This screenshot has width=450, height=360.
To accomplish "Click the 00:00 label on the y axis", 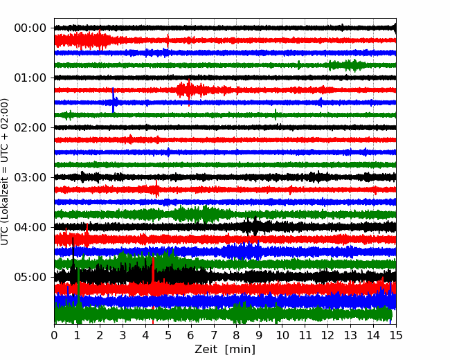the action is tap(30, 28).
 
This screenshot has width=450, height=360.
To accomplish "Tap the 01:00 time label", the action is tap(30, 78).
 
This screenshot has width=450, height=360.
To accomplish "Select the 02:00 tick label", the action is tap(30, 127).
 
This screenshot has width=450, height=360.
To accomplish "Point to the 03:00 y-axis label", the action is tap(30, 177).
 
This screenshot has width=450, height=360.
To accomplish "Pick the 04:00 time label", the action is tap(30, 227).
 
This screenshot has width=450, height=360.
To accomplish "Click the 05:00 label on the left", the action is tap(30, 277).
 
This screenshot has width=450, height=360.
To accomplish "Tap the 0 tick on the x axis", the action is tap(54, 335).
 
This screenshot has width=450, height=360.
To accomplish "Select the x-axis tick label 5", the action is tap(168, 335).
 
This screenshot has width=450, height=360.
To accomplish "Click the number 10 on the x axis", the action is tap(282, 335).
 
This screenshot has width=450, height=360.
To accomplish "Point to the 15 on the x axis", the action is tap(396, 335).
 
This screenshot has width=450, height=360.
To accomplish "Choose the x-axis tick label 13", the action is tap(350, 335).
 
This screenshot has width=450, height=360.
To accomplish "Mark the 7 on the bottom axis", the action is tap(214, 335).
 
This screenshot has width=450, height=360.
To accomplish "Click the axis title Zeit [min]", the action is tap(225, 350).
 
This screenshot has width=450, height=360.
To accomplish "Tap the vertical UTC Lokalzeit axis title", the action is tap(5, 172).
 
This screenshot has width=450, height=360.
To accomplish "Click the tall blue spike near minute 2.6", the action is tap(113, 100).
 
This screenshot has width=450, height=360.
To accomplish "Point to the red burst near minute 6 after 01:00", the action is tap(189, 90).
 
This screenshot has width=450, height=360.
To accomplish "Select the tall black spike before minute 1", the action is tap(73, 253).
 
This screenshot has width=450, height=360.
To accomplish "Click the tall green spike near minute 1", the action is tap(78, 287).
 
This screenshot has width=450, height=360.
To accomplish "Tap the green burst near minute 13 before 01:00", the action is tap(348, 65).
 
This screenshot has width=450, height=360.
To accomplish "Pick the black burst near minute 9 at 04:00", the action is tap(255, 227).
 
